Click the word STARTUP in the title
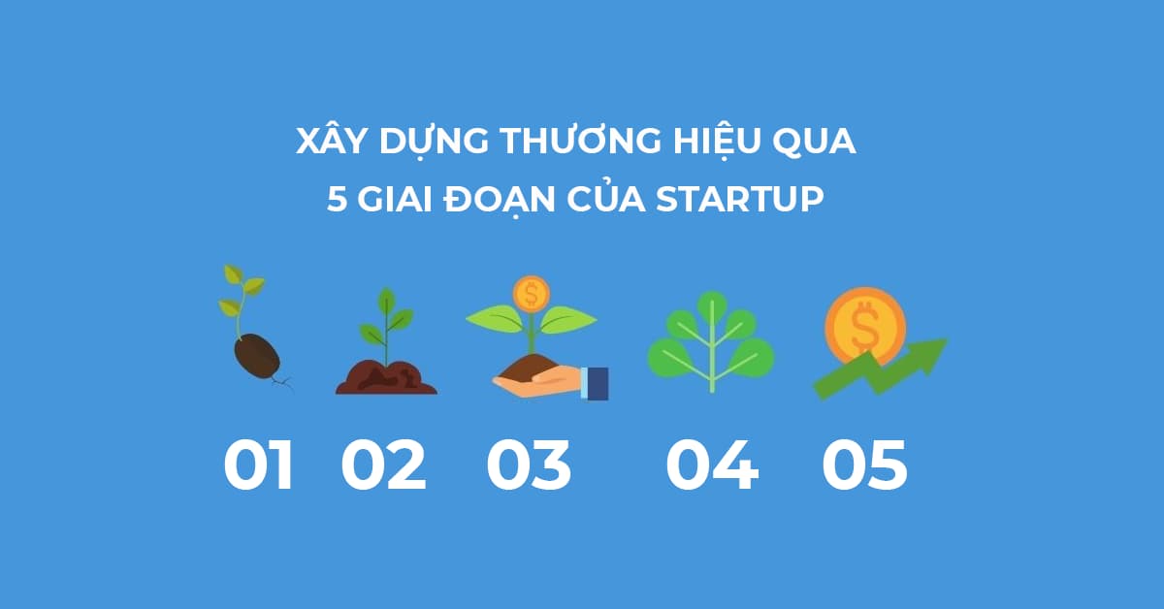[740, 199]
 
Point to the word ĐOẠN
[500, 201]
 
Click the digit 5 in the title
[337, 199]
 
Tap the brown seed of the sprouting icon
[257, 358]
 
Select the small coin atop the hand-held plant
[532, 294]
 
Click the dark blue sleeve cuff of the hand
[598, 383]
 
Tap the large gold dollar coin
[865, 328]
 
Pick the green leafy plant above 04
[711, 341]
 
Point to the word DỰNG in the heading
[434, 142]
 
